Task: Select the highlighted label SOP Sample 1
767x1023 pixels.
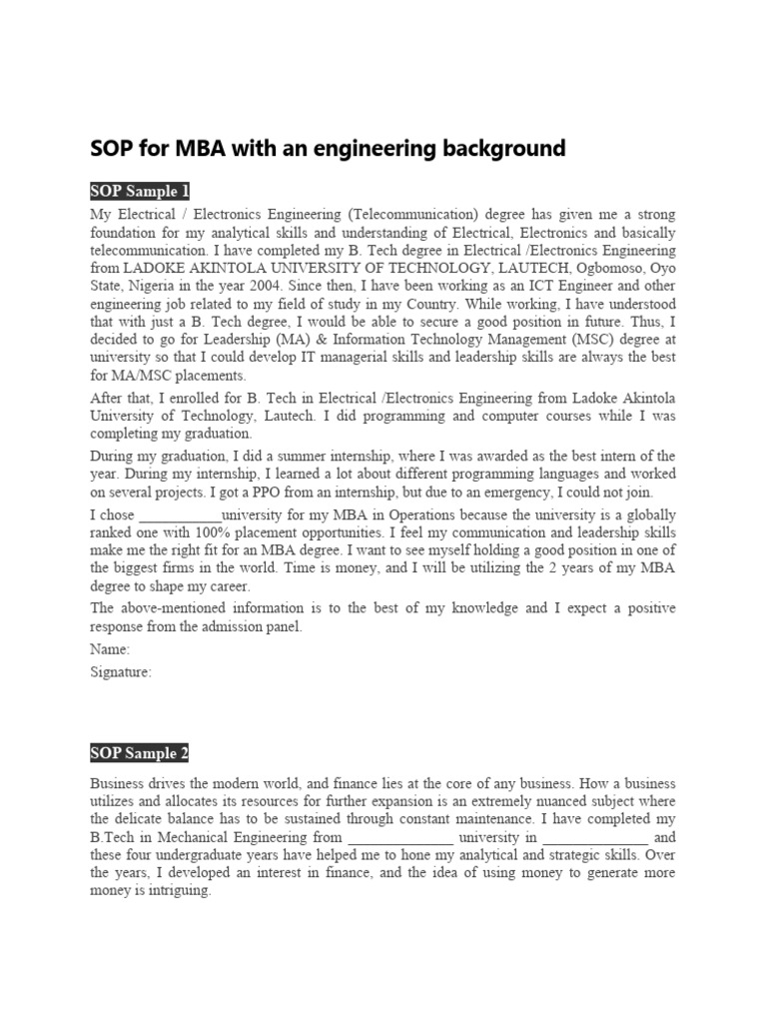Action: coord(140,192)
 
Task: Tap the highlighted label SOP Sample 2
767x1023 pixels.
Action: coord(140,753)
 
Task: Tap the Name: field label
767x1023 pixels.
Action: coord(110,648)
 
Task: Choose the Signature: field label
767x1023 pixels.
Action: coord(121,672)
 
